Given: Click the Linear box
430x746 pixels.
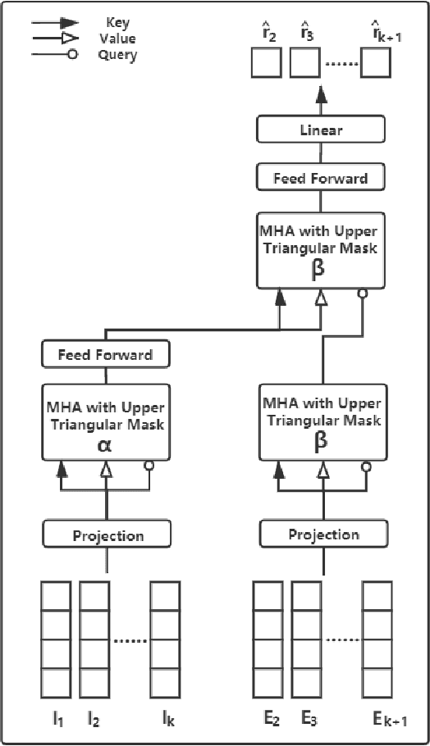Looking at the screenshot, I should (x=321, y=130).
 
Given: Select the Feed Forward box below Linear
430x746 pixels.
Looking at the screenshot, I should (x=321, y=177).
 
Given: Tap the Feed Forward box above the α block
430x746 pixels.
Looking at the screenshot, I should (x=106, y=356).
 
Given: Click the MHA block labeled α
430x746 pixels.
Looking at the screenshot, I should (x=106, y=421).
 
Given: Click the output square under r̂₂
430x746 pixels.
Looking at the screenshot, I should (x=267, y=62).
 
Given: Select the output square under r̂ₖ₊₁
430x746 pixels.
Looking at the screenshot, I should (x=377, y=62).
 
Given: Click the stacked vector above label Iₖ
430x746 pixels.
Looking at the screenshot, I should (x=163, y=639).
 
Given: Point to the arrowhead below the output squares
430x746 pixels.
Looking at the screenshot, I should (x=321, y=89).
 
